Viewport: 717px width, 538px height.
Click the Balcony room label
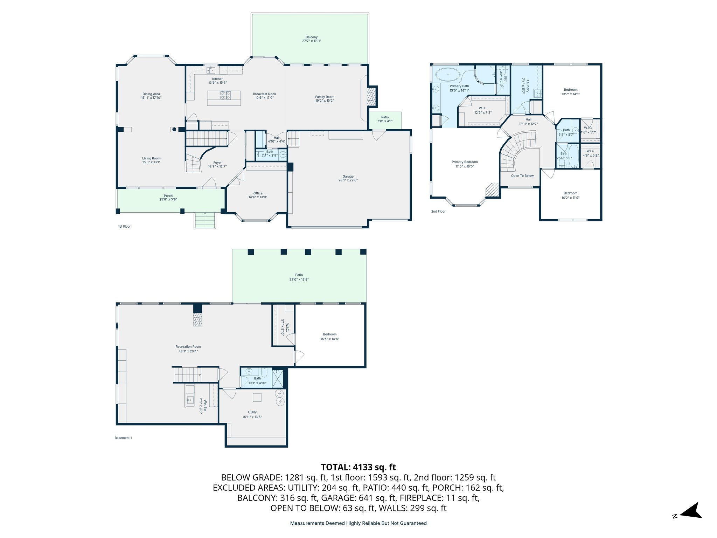312,37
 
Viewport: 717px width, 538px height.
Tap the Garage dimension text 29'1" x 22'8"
348,180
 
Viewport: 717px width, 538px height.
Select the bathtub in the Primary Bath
448,75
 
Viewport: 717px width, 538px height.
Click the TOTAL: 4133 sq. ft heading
358,467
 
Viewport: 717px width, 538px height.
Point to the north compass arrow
691,511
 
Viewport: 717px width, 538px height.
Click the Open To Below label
522,176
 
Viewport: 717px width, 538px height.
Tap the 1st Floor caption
124,227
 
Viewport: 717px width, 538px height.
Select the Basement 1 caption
123,438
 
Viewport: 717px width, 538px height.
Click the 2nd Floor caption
438,212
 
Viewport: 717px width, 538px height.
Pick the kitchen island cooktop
225,95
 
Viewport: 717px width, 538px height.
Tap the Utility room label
252,412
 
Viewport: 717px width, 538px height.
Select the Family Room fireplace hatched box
370,97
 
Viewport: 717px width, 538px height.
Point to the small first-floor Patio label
385,117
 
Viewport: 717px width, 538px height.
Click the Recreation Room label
188,347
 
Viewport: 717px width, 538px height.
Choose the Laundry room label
528,86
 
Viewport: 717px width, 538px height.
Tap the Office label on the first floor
258,193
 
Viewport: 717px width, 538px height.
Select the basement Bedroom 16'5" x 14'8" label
330,334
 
